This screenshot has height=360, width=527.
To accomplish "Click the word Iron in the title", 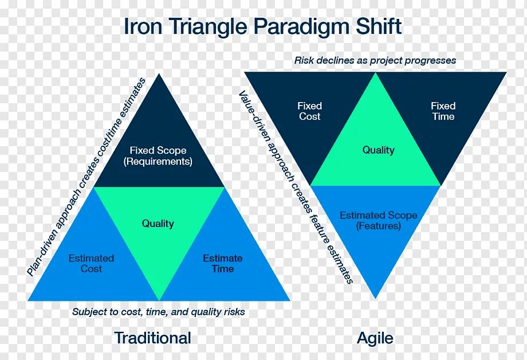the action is tap(143, 26).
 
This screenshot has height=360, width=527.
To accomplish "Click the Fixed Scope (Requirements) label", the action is tap(158, 156).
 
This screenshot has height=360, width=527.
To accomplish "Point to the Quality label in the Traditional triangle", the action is tap(158, 224).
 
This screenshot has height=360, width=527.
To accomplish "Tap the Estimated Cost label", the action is tap(92, 264).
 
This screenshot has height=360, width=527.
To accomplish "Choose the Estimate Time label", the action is tap(223, 264).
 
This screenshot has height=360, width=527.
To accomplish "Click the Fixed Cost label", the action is tap(309, 111).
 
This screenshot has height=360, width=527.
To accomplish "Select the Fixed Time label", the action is tap(443, 111).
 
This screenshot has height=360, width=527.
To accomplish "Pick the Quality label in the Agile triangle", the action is tap(379, 150).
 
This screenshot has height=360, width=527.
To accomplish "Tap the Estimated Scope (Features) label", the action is tap(379, 221).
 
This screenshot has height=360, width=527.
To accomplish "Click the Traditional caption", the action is tap(152, 338).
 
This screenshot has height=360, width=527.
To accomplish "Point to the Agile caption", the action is tap(375, 338).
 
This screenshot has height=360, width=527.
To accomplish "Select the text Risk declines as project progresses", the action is tap(375, 61).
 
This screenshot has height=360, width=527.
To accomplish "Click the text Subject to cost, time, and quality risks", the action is tap(158, 312).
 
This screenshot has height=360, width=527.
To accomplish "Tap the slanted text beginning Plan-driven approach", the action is tap(86, 177).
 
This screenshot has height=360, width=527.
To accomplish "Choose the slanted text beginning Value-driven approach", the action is tap(296, 187).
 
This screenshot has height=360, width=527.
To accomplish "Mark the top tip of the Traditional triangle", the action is tap(159, 74).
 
